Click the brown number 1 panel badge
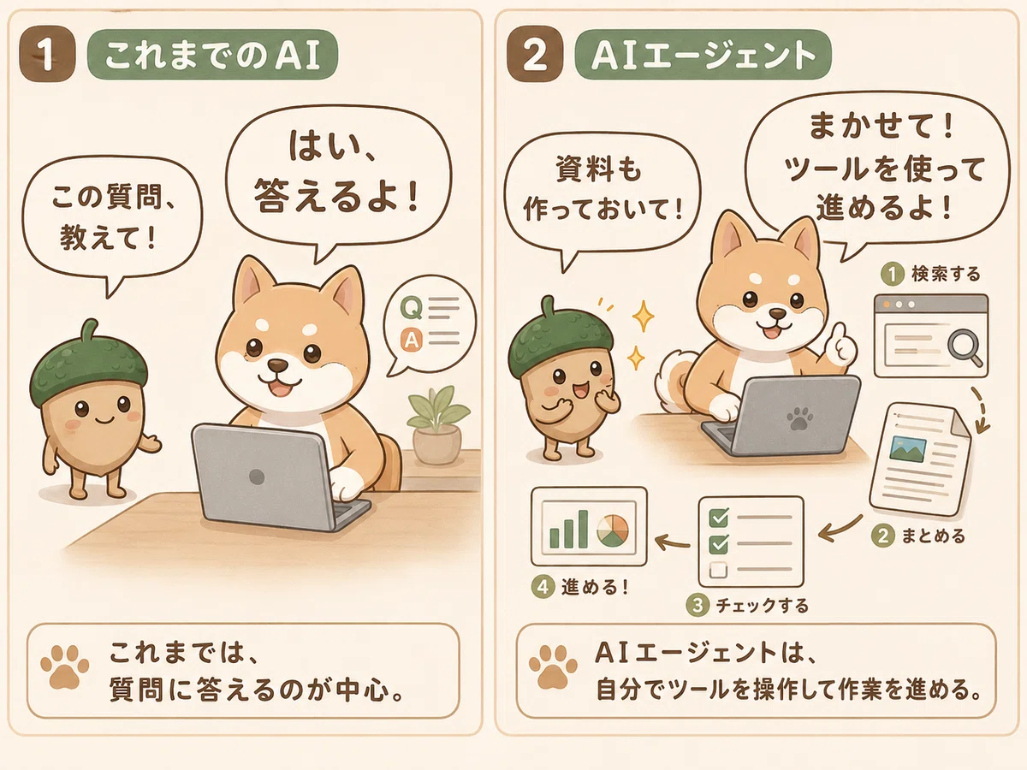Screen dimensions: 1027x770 pyautogui.click(x=47, y=54)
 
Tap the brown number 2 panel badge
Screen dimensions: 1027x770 pyautogui.click(x=535, y=54)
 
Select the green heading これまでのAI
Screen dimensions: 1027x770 pyautogui.click(x=212, y=55)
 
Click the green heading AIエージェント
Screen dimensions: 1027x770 pyautogui.click(x=703, y=55)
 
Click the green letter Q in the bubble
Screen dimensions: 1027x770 pyautogui.click(x=412, y=308)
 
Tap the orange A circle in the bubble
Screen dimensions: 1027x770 pyautogui.click(x=412, y=340)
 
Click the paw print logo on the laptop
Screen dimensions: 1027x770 pyautogui.click(x=799, y=418)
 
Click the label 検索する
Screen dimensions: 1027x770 pyautogui.click(x=946, y=274)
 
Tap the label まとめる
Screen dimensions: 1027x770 pyautogui.click(x=933, y=536)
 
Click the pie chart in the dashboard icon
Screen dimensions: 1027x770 pyautogui.click(x=613, y=531)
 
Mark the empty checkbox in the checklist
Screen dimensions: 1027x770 pyautogui.click(x=719, y=570)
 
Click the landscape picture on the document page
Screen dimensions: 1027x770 pyautogui.click(x=909, y=449)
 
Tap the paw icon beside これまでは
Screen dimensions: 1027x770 pyautogui.click(x=64, y=667)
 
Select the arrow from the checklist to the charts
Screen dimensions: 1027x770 pyautogui.click(x=673, y=542)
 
